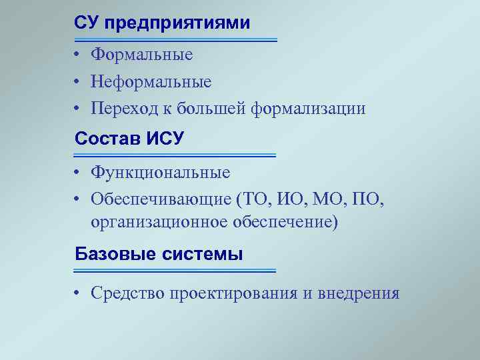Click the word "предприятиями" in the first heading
tap(177, 23)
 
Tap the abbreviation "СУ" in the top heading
tap(87, 23)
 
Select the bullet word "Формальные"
tap(142, 55)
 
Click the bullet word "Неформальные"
tap(151, 82)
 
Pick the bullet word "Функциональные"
tap(161, 173)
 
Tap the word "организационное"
tap(159, 221)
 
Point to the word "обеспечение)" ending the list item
tap(285, 221)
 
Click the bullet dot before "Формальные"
tap(78, 55)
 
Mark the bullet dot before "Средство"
tap(78, 293)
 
